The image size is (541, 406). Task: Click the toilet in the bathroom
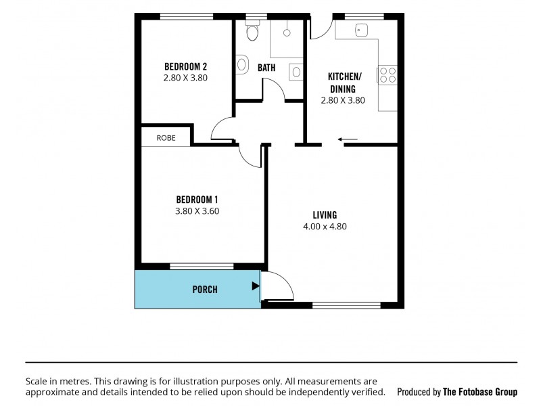[252, 31]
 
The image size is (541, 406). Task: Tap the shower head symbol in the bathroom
[287, 32]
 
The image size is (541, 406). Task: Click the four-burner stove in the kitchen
[387, 74]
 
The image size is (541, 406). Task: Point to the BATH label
[266, 68]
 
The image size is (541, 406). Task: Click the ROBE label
[166, 137]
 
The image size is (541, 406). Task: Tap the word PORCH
[205, 290]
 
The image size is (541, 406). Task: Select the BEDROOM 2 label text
[185, 66]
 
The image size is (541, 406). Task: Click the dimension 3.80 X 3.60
[197, 210]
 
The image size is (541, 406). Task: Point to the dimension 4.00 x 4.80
[325, 227]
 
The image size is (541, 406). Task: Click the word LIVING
[325, 215]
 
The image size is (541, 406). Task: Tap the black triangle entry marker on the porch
[255, 286]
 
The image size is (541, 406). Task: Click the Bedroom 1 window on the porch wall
[202, 266]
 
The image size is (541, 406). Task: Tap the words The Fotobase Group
[479, 392]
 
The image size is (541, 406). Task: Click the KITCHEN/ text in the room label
[345, 76]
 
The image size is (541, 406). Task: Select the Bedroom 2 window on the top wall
[186, 16]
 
